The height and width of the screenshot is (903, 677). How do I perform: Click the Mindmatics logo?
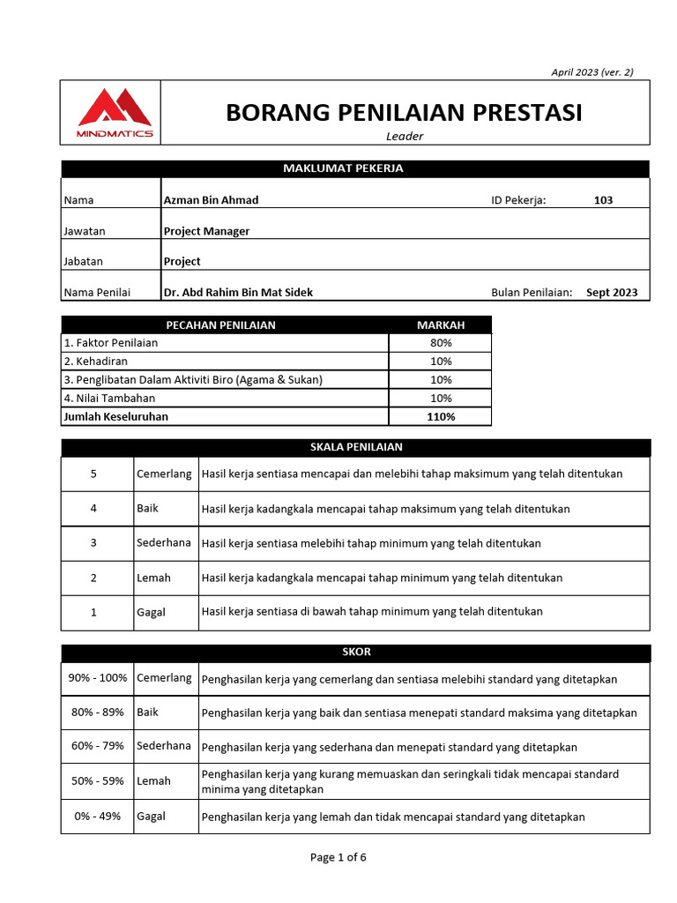click(115, 112)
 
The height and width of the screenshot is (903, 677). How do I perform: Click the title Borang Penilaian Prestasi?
click(404, 113)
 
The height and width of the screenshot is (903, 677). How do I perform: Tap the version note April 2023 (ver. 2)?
click(591, 72)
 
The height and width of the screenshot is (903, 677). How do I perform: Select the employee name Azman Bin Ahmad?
click(212, 200)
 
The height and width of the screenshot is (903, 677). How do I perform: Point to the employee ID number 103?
click(603, 200)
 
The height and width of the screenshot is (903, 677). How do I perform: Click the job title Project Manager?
click(206, 231)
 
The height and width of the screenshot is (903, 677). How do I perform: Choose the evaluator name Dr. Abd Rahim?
click(238, 292)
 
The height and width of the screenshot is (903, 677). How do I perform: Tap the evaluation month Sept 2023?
click(612, 292)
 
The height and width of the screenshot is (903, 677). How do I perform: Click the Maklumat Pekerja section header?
click(355, 168)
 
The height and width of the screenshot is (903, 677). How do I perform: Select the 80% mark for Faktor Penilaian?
click(441, 342)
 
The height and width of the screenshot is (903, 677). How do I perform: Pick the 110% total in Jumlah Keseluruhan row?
click(441, 416)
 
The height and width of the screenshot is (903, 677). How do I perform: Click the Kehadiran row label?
click(95, 361)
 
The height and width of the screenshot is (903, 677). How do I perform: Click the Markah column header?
click(441, 325)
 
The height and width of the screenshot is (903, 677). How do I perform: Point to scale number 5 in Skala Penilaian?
click(94, 474)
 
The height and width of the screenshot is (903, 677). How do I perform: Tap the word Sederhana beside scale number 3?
click(164, 542)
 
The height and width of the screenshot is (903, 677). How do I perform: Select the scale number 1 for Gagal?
click(94, 611)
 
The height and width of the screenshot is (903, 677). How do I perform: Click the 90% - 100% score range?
click(97, 677)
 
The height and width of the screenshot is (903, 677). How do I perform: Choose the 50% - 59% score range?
click(97, 780)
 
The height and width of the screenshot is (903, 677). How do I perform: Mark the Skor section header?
click(355, 652)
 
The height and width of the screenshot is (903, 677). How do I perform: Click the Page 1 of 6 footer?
click(338, 857)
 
